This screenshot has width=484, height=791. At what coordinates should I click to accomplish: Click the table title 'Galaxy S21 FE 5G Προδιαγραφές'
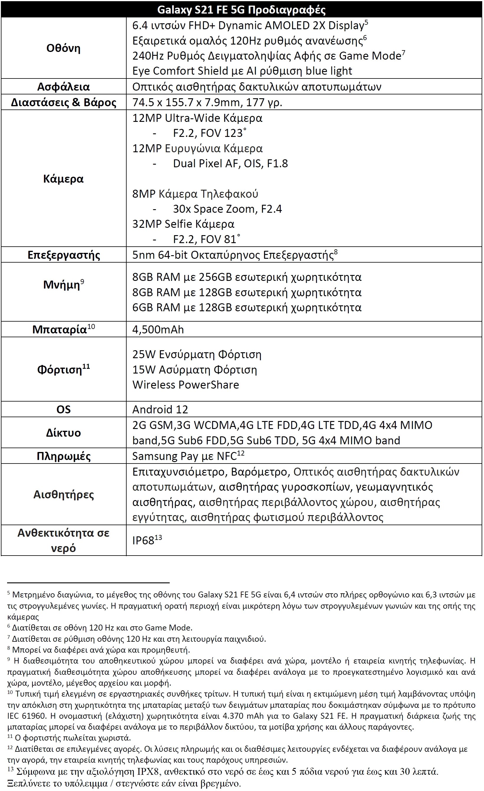point(241,10)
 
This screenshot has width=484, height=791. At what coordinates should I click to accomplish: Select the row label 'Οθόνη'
point(63,48)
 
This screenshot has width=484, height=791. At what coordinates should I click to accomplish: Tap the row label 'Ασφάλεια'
point(63,87)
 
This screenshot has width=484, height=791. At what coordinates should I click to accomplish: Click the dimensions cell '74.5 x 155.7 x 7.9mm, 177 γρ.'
point(207,102)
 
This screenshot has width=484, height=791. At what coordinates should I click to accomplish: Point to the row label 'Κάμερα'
point(63,178)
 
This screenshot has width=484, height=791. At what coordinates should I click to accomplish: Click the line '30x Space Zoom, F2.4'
point(227,209)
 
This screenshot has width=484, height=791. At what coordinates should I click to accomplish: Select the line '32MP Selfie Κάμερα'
point(183,224)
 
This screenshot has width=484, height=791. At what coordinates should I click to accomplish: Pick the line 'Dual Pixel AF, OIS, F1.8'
point(230,164)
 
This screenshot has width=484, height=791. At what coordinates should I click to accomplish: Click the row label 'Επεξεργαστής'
point(63,255)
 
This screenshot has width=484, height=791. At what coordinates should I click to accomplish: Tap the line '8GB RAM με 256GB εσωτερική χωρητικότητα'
point(247,277)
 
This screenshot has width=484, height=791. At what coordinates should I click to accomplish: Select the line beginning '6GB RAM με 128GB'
point(247,307)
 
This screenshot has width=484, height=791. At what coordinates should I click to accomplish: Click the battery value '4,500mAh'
point(158,330)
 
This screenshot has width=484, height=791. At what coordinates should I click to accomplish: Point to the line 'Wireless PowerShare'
point(186,385)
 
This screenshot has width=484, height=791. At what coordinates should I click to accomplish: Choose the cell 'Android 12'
point(160,410)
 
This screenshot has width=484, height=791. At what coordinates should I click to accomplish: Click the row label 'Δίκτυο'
point(63,433)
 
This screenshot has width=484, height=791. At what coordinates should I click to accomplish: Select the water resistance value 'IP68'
point(143,541)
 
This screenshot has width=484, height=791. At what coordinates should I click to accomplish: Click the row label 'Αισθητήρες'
point(63,494)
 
